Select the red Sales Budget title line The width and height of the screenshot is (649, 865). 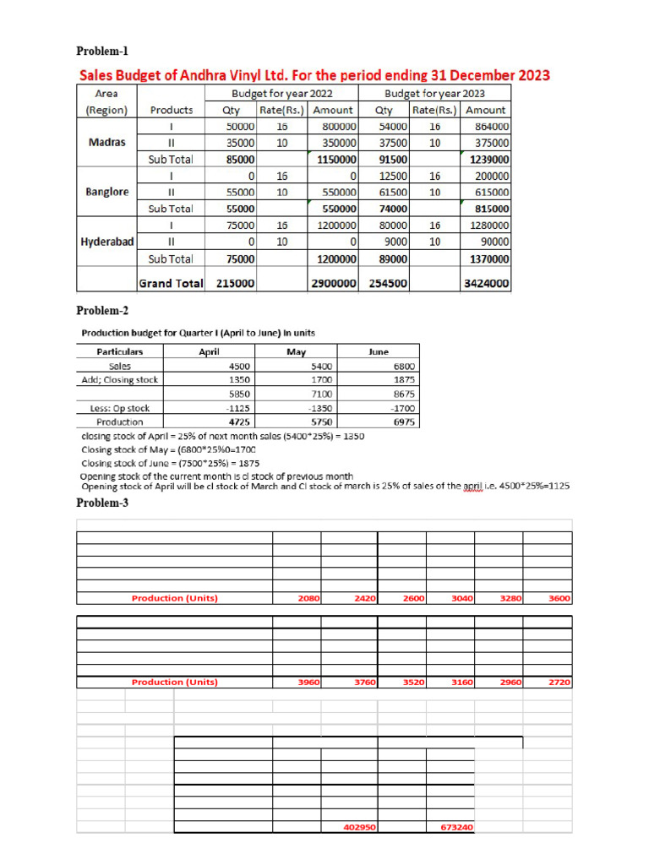pos(314,75)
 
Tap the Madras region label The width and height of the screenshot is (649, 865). pos(106,142)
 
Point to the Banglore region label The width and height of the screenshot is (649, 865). pos(107,192)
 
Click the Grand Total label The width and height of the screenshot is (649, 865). pos(171,284)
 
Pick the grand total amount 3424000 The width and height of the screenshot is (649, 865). pos(486,285)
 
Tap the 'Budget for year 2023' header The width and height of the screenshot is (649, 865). pos(434,93)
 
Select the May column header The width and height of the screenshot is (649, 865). pos(296,352)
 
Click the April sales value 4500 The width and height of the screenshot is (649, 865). pos(239,367)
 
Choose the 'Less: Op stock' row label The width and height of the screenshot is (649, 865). pos(119,407)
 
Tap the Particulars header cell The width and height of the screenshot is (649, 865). pos(119,352)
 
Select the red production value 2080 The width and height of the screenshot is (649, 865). pos(308,598)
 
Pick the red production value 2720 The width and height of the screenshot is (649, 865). pos(559,682)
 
